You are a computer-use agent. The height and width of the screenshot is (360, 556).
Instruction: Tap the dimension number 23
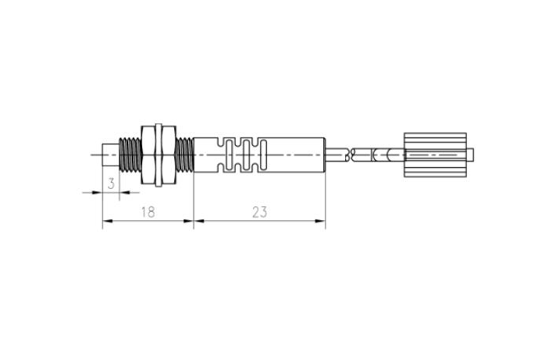[259, 212]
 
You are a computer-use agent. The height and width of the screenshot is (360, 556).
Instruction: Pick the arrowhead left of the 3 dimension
[98, 192]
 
